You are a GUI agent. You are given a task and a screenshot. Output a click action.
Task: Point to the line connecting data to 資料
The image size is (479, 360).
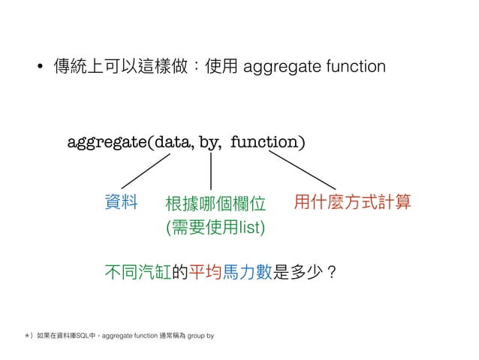pos(146,171)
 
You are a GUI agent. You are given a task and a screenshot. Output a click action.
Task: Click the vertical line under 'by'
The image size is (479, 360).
pos(210,171)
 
